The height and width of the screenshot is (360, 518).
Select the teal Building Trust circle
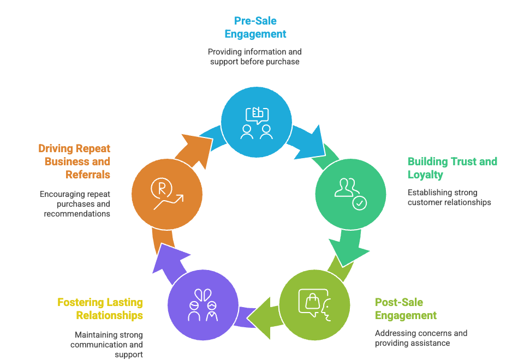(x=350, y=194)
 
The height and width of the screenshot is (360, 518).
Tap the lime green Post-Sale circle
(x=314, y=305)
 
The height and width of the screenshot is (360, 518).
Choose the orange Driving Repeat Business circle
(x=167, y=194)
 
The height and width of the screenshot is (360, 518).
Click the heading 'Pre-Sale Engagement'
(x=255, y=27)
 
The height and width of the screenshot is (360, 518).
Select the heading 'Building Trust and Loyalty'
(x=452, y=168)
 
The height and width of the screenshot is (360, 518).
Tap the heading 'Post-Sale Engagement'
(x=406, y=309)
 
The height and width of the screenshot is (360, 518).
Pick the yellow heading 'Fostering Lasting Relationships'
(x=100, y=309)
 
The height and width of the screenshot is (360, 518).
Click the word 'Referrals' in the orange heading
(x=88, y=175)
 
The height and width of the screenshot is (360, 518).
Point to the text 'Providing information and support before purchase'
(x=255, y=56)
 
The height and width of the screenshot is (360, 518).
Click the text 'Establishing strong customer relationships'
(x=449, y=197)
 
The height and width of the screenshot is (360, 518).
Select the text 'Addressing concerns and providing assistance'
(x=421, y=338)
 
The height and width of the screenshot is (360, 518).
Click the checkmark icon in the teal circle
(x=360, y=203)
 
